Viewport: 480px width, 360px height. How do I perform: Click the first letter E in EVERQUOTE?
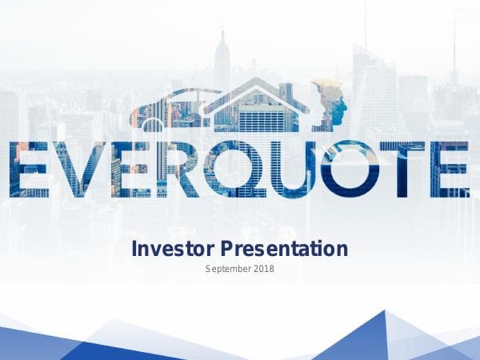coord(30,170)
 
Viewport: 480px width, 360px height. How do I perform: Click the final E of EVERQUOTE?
coord(450,170)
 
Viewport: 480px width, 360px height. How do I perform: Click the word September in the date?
coord(228,269)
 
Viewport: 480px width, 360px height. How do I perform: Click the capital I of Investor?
coord(134,249)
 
